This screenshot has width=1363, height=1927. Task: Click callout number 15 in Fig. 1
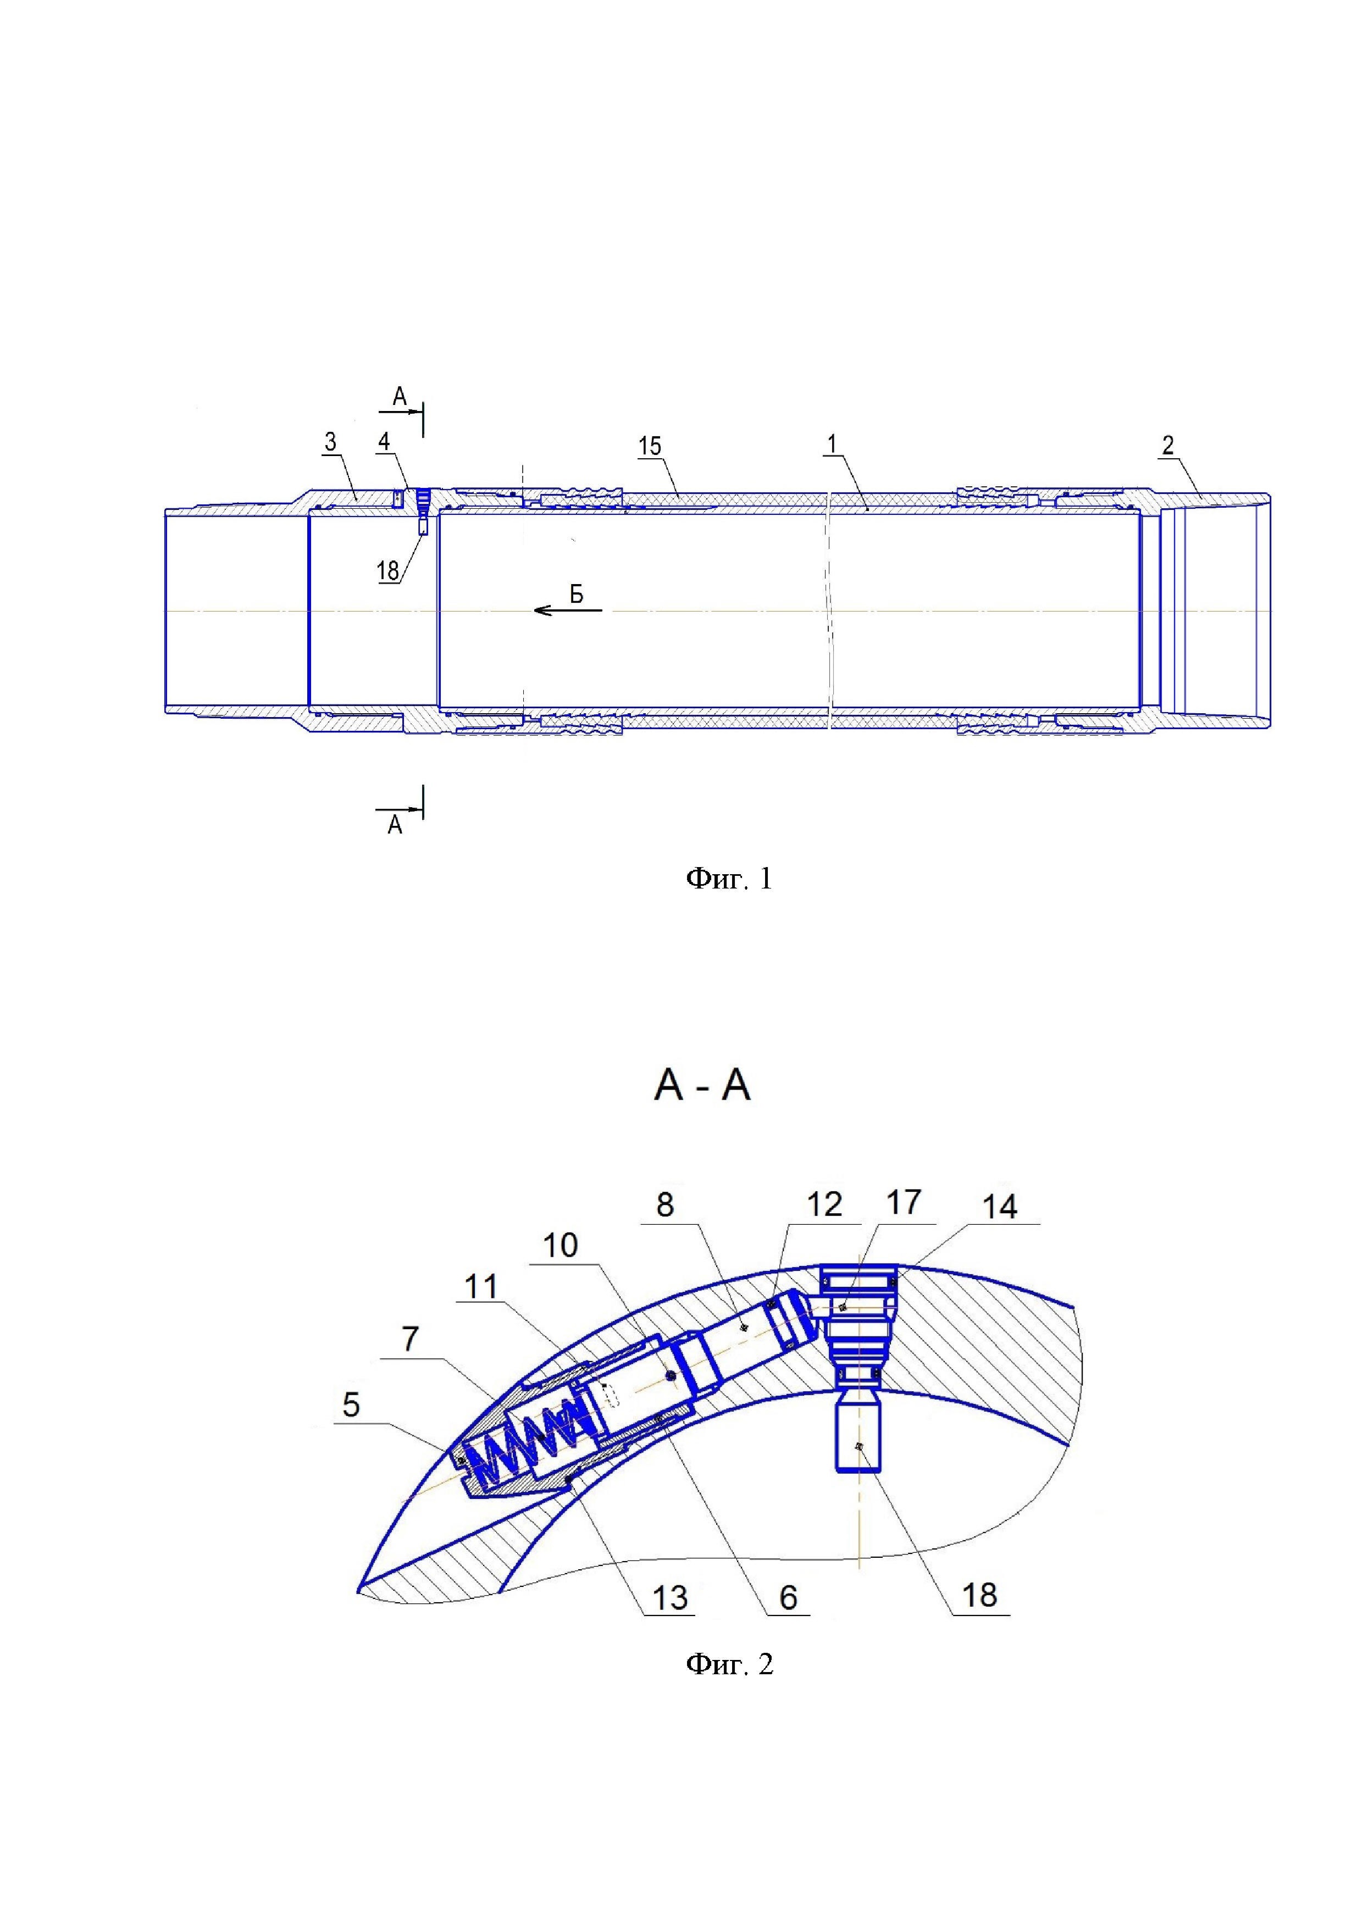(x=650, y=446)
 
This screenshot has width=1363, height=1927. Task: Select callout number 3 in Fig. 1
(x=331, y=442)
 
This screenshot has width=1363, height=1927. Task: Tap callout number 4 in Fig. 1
(x=384, y=442)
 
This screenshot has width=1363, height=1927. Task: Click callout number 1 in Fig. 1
(x=831, y=445)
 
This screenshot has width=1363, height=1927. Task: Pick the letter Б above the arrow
(x=577, y=594)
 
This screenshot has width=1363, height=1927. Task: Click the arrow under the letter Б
(x=568, y=610)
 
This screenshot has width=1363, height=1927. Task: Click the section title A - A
(x=702, y=1086)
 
